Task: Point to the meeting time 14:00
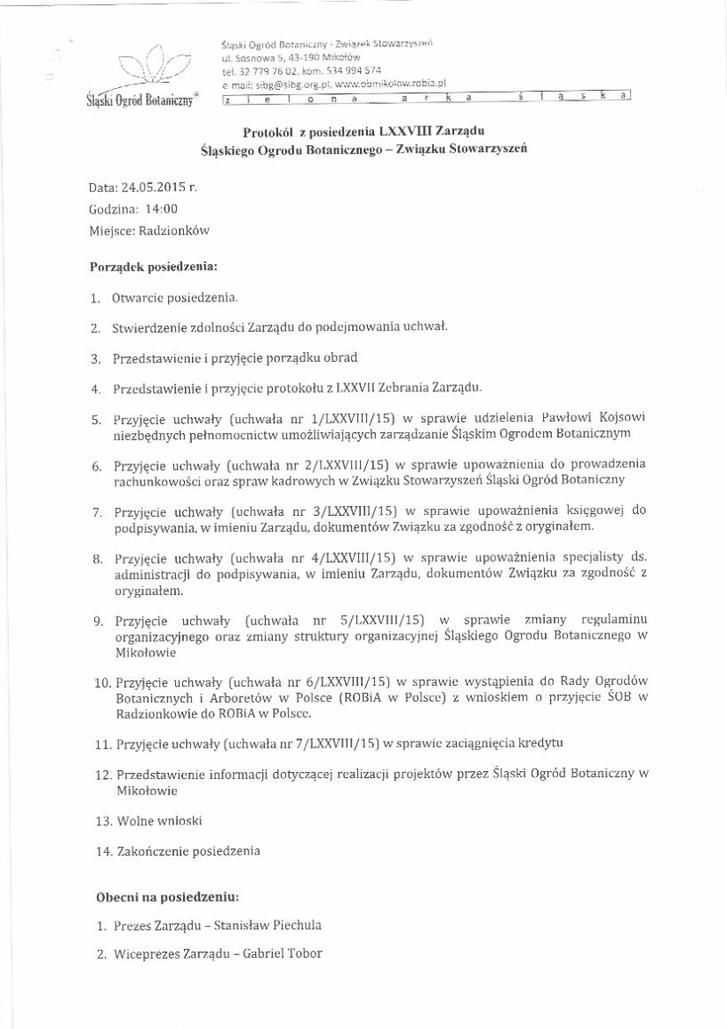[161, 210]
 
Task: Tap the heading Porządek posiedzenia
[153, 266]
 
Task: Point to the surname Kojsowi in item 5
[623, 417]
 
